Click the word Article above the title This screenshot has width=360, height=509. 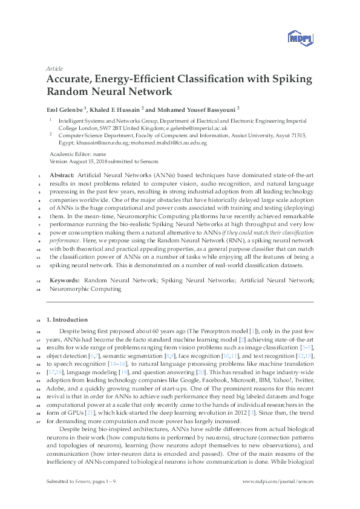pyautogui.click(x=54, y=69)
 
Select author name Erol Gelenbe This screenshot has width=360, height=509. pyautogui.click(x=67, y=109)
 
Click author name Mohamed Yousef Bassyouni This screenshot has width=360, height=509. pyautogui.click(x=182, y=109)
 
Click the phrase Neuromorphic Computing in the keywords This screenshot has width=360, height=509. pyautogui.click(x=85, y=289)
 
